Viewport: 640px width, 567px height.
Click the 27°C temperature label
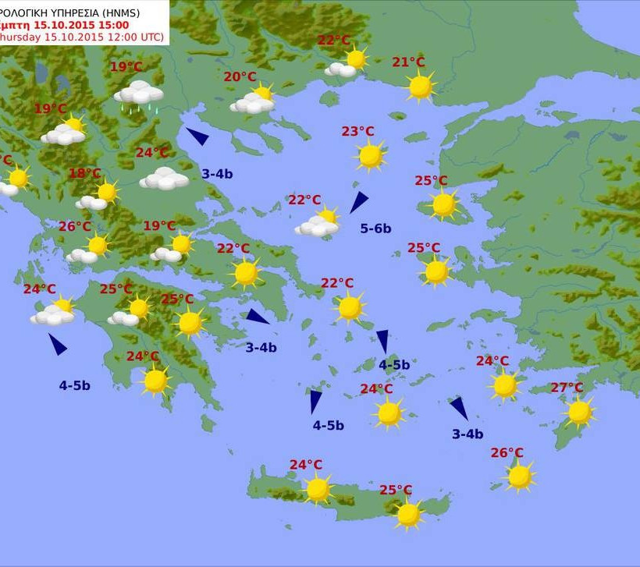coord(567,388)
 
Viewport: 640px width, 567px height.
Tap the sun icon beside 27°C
coord(579,413)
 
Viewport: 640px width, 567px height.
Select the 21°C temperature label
coord(408,62)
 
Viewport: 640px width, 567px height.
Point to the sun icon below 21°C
coord(421,87)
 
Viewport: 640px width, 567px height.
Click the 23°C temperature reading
coord(357,132)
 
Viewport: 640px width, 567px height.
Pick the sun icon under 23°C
coord(370,156)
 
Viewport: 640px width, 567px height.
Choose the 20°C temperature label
coord(240,76)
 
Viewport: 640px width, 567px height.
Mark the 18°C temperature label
coord(84,173)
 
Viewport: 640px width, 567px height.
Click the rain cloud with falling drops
coord(139,95)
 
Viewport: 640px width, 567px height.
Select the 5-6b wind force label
coord(375,229)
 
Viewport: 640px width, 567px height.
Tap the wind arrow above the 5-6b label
coord(358,202)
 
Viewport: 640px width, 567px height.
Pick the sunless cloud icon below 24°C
coord(164,179)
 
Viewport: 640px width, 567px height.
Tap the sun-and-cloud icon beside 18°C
coord(98,196)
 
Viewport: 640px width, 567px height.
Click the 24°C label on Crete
coord(306,465)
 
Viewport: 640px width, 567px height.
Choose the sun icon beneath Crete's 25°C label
coord(408,514)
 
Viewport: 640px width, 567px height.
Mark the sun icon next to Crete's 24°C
coord(318,490)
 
